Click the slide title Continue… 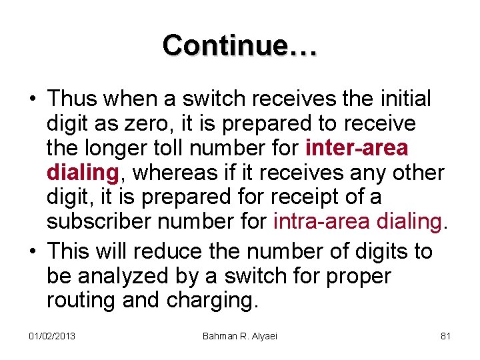coord(240,45)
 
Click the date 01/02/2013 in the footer coord(52,335)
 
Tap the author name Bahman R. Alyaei coord(240,335)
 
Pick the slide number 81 coord(446,335)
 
